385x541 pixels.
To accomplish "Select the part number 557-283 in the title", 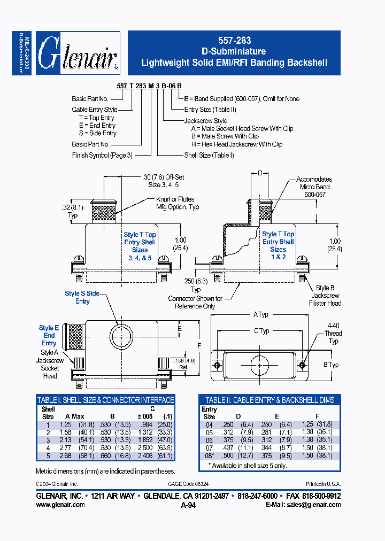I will pyautogui.click(x=234, y=41).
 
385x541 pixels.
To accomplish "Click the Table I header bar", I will pyautogui.click(x=105, y=400).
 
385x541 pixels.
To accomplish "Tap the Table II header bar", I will pyautogui.click(x=269, y=400).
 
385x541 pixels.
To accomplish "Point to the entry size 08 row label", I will pyautogui.click(x=209, y=455).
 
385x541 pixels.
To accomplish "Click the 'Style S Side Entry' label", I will pyautogui.click(x=82, y=297).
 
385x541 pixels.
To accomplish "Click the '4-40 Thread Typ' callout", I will pyautogui.click(x=333, y=333).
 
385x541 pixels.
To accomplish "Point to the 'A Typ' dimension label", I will pyautogui.click(x=261, y=315).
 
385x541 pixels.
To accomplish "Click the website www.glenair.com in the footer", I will pyautogui.click(x=60, y=504).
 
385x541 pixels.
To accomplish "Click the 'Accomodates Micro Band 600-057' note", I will pyautogui.click(x=314, y=187).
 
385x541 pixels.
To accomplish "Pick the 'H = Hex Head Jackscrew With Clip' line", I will pyautogui.click(x=236, y=144).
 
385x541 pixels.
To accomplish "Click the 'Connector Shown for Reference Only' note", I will pyautogui.click(x=195, y=302).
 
